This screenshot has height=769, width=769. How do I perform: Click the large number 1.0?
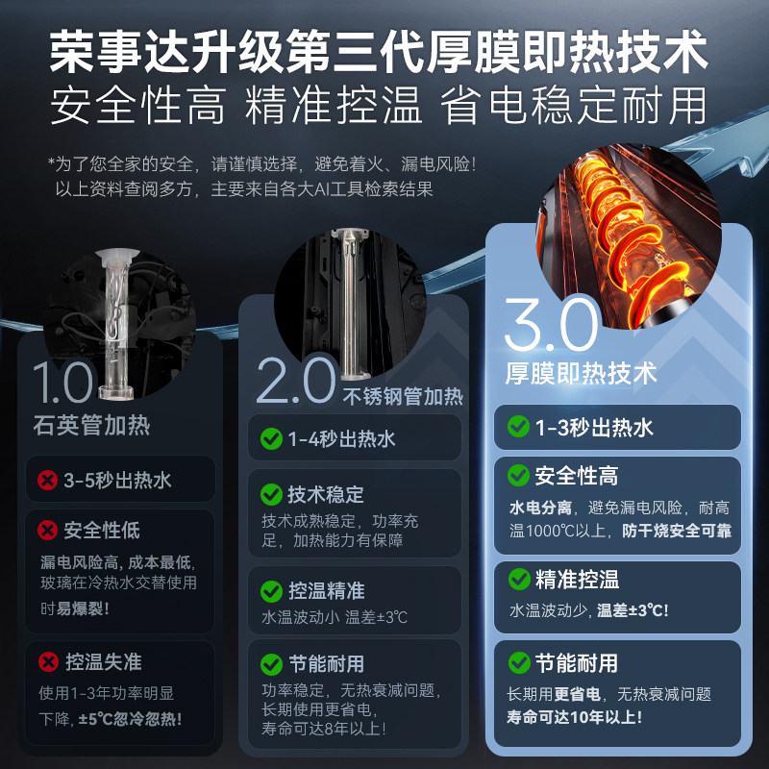(x=62, y=383)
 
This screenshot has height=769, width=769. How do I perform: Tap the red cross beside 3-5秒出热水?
(x=45, y=480)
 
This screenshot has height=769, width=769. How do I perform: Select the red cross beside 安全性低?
(x=45, y=530)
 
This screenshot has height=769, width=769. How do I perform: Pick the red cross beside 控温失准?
(x=45, y=661)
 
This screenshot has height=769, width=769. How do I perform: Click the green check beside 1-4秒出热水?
(x=271, y=439)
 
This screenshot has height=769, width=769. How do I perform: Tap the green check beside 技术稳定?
(x=271, y=494)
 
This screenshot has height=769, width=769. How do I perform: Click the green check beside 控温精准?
(x=271, y=590)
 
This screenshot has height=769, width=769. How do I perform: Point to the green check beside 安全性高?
(x=518, y=476)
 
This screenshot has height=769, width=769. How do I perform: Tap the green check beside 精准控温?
(x=518, y=579)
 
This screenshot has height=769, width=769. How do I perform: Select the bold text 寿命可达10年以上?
(x=575, y=716)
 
